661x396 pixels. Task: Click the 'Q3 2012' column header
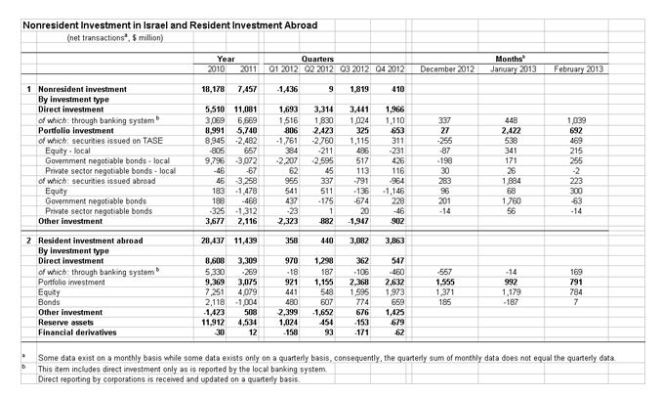(354, 69)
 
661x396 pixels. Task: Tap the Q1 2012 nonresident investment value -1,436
(282, 90)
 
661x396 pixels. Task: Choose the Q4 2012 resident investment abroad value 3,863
(390, 239)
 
